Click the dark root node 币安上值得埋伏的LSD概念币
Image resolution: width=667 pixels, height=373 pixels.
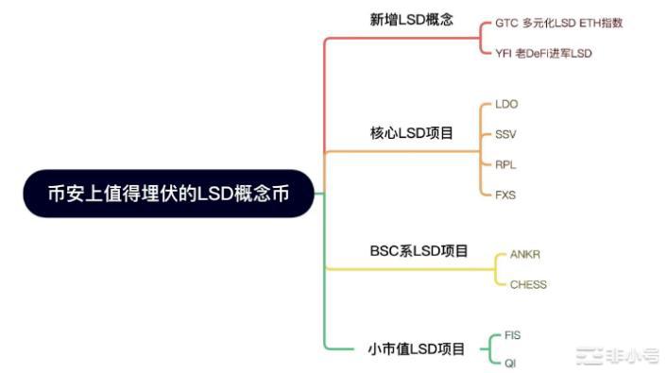[167, 194]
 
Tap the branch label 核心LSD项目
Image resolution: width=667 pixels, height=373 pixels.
[411, 133]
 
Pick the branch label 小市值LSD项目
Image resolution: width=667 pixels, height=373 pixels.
[417, 349]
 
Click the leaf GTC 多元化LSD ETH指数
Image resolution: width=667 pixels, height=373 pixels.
[558, 23]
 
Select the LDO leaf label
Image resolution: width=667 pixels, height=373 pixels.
[506, 104]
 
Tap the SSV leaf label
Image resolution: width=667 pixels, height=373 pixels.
[505, 134]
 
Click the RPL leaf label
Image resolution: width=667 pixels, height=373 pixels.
[505, 164]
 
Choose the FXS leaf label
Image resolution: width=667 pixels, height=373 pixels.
[505, 195]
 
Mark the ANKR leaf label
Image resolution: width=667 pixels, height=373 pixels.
[524, 255]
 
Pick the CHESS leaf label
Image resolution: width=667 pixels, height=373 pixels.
[528, 284]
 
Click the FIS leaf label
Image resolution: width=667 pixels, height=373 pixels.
[512, 335]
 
